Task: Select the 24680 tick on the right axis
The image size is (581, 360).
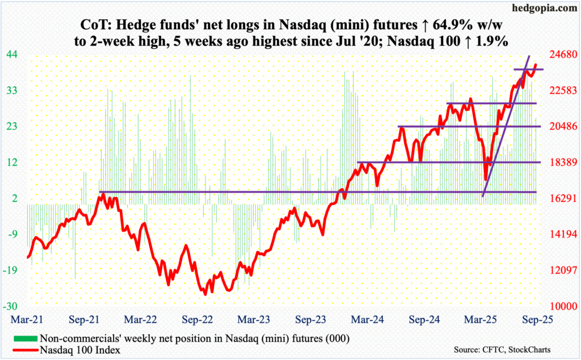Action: tap(559, 54)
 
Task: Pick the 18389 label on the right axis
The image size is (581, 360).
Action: tap(559, 162)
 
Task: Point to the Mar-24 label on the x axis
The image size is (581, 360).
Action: tap(361, 319)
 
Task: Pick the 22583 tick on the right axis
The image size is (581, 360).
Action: tap(559, 91)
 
